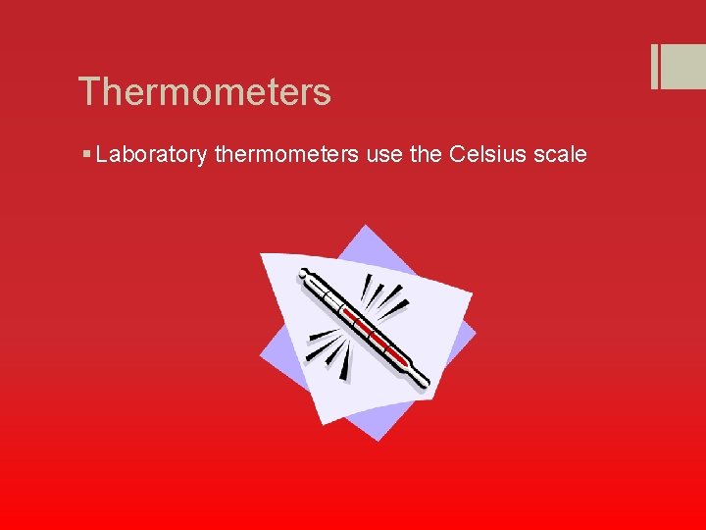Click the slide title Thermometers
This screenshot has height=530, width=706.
[x=205, y=92]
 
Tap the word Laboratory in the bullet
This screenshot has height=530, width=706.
[x=152, y=155]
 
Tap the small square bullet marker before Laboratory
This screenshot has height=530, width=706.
[x=88, y=155]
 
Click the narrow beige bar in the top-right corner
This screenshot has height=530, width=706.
[x=653, y=67]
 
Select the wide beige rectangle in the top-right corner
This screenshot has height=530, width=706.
[x=684, y=67]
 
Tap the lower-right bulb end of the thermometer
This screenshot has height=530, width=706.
[x=422, y=383]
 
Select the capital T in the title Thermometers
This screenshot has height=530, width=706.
[x=90, y=92]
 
